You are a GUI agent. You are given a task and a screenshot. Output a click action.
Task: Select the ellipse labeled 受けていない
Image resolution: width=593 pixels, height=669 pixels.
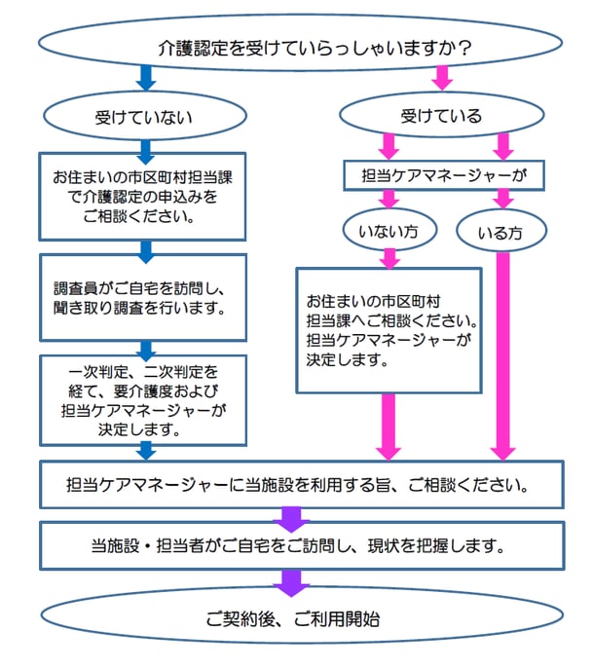143,117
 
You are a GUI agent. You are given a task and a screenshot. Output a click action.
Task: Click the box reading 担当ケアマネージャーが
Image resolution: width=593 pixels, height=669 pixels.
444,175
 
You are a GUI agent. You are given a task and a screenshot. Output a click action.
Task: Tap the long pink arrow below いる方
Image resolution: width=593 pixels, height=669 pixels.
502,351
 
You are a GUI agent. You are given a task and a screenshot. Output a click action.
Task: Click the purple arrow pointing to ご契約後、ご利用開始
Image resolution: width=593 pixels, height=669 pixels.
290,582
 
